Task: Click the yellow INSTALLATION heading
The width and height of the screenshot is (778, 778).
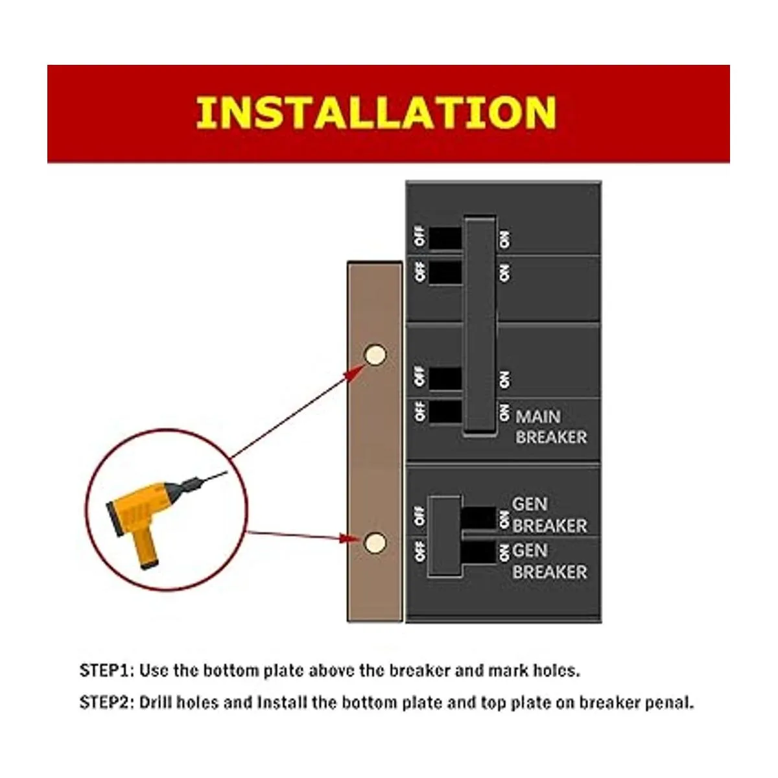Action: [x=376, y=113]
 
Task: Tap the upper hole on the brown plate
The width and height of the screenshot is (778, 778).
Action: [x=375, y=355]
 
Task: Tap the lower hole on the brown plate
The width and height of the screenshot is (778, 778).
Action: [x=375, y=542]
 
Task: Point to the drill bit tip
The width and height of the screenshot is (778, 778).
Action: [x=227, y=472]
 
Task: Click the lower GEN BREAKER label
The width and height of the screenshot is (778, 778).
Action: [x=550, y=561]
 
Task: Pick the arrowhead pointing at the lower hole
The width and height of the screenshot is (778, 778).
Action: [x=349, y=538]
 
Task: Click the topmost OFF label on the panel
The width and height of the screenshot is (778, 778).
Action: [x=420, y=237]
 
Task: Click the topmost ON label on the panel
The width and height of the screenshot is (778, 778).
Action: [x=504, y=240]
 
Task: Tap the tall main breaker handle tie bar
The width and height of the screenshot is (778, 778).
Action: [x=480, y=326]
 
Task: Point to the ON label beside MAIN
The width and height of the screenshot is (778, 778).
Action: [x=504, y=412]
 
